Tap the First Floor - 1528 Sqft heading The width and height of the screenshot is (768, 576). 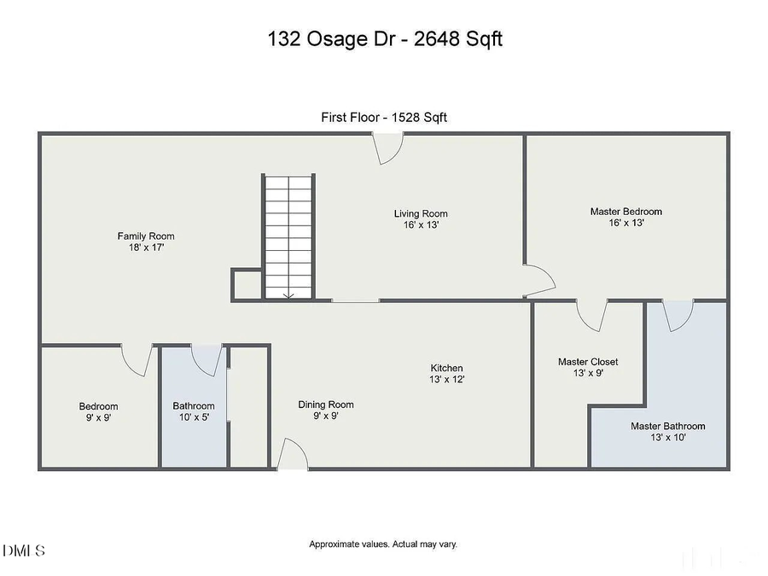point(384,118)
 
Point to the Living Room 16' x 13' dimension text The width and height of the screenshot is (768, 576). point(421,225)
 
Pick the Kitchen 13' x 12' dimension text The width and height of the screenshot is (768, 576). point(446,380)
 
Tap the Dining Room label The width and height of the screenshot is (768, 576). point(325,404)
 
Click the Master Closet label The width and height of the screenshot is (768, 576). point(588,362)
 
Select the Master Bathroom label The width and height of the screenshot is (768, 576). point(667,426)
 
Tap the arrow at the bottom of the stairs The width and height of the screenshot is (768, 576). point(288,294)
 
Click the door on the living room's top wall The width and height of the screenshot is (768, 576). point(389,149)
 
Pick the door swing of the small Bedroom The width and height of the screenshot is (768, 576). point(138,359)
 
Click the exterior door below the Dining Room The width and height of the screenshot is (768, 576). point(294,455)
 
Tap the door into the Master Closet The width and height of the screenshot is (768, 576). point(591,315)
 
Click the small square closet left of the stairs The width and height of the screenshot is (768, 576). point(246,285)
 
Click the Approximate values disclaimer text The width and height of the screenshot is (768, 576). point(384,544)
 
